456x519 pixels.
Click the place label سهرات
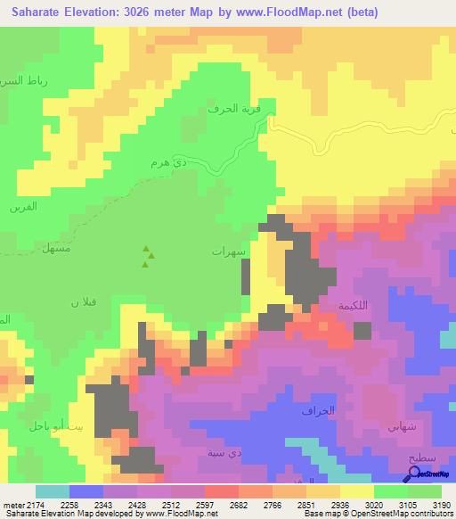[x=228, y=252]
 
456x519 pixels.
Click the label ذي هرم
[x=167, y=165]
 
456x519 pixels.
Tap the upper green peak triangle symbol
[x=147, y=251]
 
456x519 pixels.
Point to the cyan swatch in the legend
[x=52, y=491]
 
